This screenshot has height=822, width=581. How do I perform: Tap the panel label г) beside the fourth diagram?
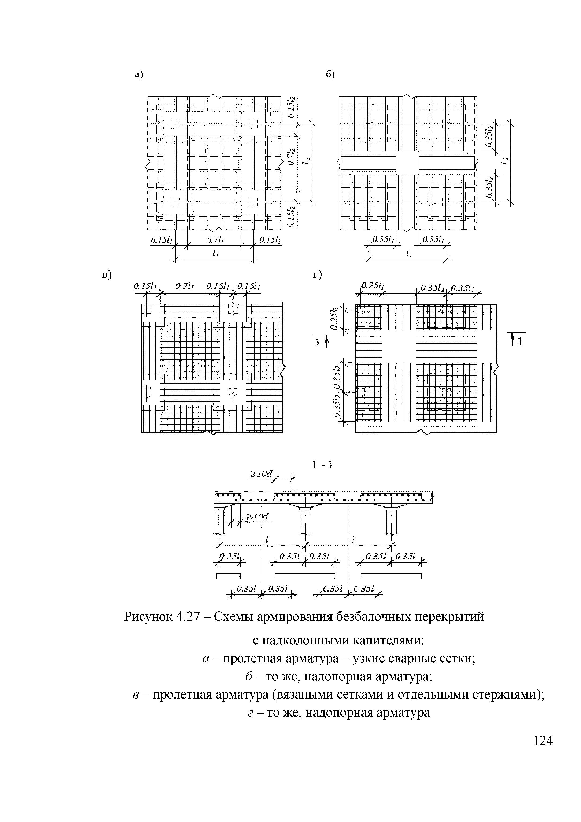coord(317,275)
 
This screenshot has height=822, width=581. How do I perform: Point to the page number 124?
coord(543,740)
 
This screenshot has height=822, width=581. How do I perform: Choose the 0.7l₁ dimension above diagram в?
coord(185,286)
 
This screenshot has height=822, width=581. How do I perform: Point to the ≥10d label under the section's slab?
coord(256,516)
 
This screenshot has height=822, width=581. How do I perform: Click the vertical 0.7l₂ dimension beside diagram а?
coord(292,157)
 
